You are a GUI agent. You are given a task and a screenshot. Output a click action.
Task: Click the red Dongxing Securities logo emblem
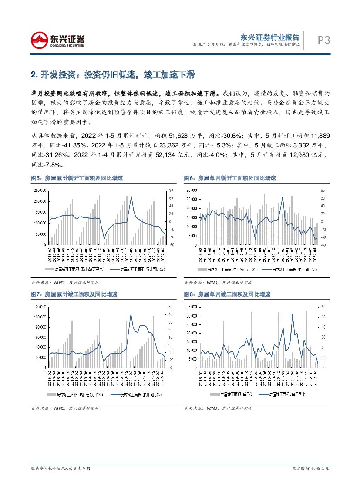[x=40, y=40]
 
